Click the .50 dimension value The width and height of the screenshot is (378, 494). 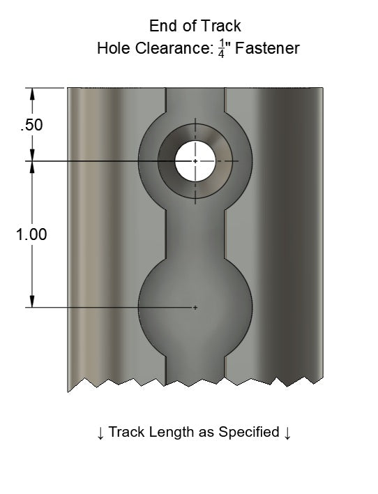click(31, 126)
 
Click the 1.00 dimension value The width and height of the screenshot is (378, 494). click(31, 234)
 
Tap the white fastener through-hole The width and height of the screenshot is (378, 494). click(195, 160)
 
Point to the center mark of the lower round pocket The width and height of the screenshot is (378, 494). click(195, 307)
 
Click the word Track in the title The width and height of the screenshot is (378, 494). click(222, 26)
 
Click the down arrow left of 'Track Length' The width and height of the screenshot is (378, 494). click(101, 433)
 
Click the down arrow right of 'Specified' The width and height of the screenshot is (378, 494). click(287, 433)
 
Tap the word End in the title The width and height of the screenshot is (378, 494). click(162, 26)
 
